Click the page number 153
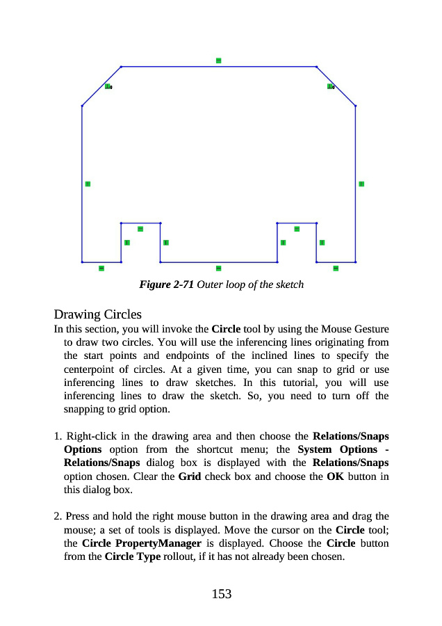(x=221, y=594)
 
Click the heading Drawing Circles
(x=97, y=314)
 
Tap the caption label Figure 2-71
(x=166, y=284)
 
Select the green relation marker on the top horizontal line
(x=218, y=61)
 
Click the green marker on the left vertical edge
(x=88, y=184)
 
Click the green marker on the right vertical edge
(x=361, y=184)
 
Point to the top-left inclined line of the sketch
(x=101, y=86)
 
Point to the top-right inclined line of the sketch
(x=336, y=86)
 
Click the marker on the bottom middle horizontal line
(x=218, y=268)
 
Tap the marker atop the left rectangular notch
(x=140, y=228)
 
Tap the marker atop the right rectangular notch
(x=297, y=228)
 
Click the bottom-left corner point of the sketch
(x=82, y=262)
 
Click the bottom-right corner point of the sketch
(x=355, y=262)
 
